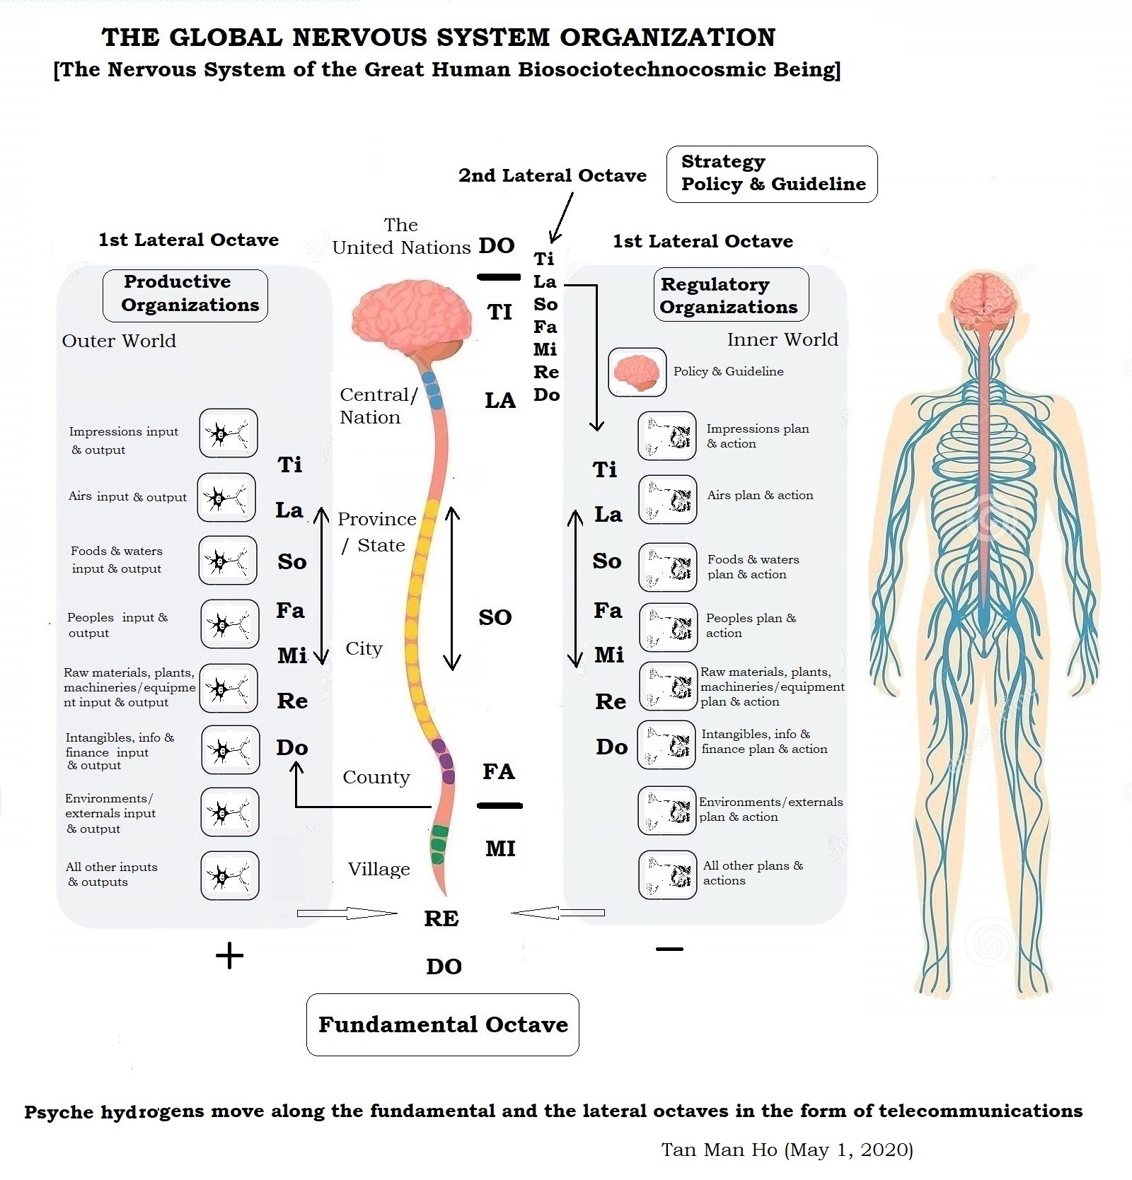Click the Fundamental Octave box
click(x=442, y=1024)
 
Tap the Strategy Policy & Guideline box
click(x=771, y=174)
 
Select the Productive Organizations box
click(x=185, y=295)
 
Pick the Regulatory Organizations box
click(x=730, y=295)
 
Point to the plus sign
click(x=229, y=957)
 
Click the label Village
click(x=379, y=869)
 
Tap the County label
click(x=376, y=777)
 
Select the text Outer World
click(x=119, y=341)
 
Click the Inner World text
click(x=782, y=339)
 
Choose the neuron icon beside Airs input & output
click(x=226, y=498)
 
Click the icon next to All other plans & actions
click(x=667, y=875)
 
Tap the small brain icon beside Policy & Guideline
click(x=637, y=371)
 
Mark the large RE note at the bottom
click(x=441, y=918)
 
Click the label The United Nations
click(x=401, y=236)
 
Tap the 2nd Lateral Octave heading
click(x=552, y=175)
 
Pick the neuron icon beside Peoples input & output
click(x=229, y=624)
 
